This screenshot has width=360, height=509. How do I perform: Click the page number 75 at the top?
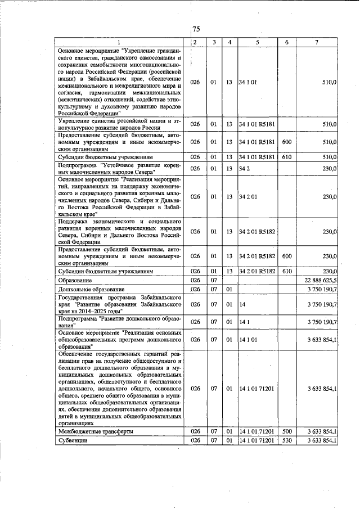coord(196,30)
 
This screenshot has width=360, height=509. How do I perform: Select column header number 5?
coord(258,42)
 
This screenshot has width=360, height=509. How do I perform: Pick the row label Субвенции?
coord(73,440)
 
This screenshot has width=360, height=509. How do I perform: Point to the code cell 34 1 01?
coord(248,82)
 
